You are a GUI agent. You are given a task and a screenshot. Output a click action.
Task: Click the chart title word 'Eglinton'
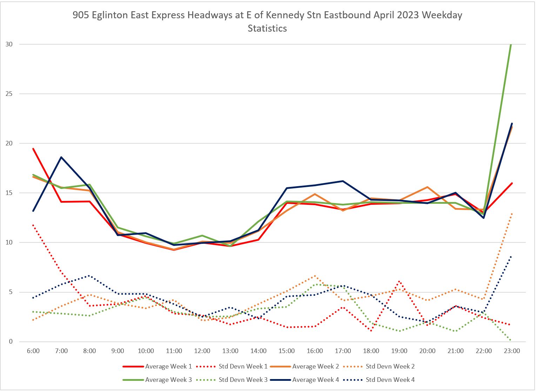tap(110, 15)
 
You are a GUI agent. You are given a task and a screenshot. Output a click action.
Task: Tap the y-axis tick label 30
tap(9, 44)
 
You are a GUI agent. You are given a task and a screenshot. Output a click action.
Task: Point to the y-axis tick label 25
tap(9, 94)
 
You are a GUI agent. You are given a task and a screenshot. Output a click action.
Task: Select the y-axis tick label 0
tap(11, 341)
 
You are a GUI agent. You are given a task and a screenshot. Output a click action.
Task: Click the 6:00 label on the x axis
tap(33, 351)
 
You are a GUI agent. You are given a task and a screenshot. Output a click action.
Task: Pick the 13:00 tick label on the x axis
tap(230, 351)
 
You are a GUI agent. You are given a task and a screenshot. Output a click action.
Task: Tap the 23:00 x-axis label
tap(512, 351)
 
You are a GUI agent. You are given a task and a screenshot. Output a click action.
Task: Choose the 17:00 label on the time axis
tap(343, 351)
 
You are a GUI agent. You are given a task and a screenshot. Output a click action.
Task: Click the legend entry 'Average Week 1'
tap(168, 366)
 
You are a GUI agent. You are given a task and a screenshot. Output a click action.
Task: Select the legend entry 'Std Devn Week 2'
tap(390, 366)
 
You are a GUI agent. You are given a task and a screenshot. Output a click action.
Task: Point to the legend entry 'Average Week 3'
tap(168, 380)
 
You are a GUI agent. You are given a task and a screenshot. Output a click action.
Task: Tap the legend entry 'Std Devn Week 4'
tap(390, 380)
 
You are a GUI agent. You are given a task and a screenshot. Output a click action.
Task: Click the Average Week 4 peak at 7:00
tap(61, 157)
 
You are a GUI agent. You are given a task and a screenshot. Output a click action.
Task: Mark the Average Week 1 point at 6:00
tap(33, 149)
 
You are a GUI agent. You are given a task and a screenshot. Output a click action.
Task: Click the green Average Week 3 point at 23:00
tap(511, 45)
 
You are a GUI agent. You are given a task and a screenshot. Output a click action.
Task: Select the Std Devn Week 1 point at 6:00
tap(33, 225)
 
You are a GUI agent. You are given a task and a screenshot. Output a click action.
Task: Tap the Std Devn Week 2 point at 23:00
tap(512, 214)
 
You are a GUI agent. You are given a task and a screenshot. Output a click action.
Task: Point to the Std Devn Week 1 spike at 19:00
tap(399, 281)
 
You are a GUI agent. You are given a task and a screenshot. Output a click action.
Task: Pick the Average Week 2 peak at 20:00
tap(427, 187)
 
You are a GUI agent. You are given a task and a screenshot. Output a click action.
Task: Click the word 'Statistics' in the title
tap(267, 28)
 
